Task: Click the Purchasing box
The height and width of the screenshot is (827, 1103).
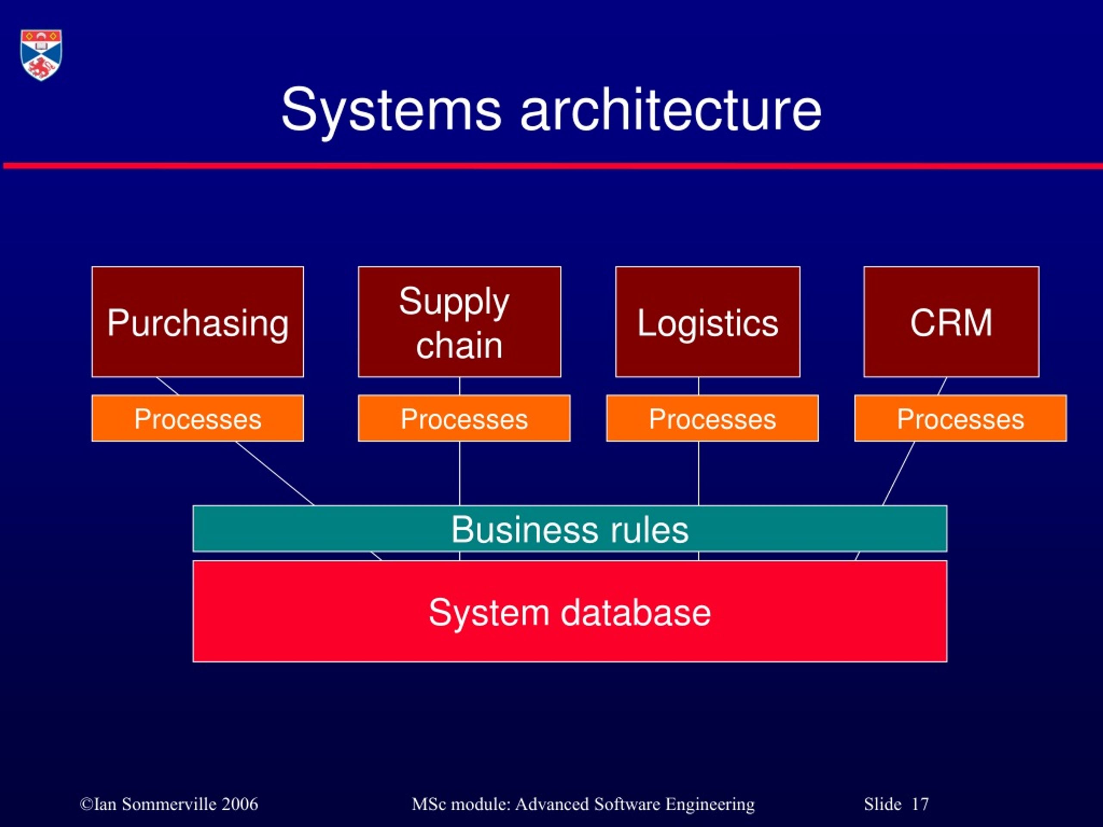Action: pos(197,321)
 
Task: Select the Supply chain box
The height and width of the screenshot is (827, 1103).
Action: pos(459,321)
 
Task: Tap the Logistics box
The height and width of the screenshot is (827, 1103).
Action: pos(707,321)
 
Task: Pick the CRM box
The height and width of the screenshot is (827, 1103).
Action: pos(951,321)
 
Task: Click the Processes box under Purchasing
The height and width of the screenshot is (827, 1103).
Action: pos(197,418)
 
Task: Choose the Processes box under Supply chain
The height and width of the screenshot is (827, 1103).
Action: pos(464,418)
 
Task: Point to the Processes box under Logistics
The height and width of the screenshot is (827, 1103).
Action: pos(712,418)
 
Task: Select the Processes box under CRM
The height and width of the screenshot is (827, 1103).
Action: pos(960,418)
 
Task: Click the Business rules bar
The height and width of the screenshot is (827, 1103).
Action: pos(570,529)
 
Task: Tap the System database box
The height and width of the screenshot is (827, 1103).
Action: pos(570,612)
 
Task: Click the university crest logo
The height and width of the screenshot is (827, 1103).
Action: pos(41,55)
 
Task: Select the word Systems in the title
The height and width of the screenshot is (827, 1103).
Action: pos(391,110)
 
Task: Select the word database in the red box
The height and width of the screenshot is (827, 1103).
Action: pos(636,612)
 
